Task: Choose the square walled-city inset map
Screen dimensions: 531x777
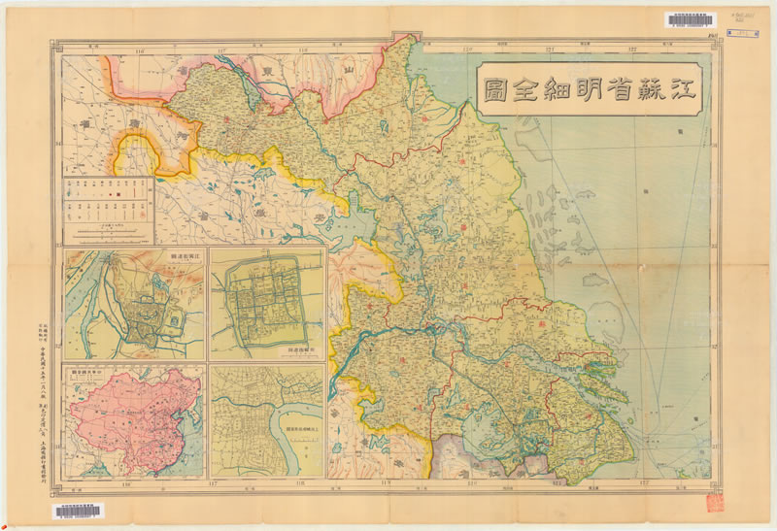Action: (266, 302)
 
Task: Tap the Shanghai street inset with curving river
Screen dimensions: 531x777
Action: (266, 420)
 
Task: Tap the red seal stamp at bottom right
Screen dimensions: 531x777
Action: (715, 501)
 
